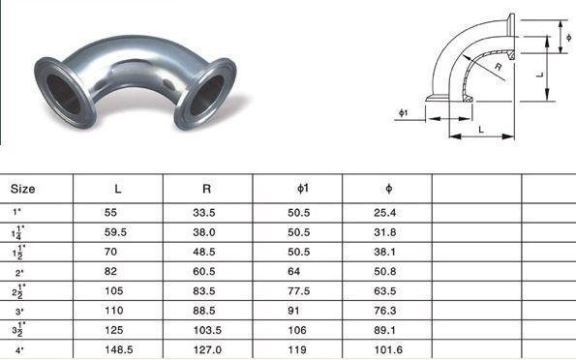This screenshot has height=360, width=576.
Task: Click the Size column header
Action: [23, 189]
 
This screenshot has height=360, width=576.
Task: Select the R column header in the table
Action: [206, 189]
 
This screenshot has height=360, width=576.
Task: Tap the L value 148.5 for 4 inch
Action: [119, 349]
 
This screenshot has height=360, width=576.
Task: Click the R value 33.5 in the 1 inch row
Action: [204, 213]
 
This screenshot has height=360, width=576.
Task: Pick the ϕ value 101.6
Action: [388, 349]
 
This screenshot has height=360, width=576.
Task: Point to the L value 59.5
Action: [115, 232]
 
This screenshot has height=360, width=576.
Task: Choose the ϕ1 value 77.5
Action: [299, 291]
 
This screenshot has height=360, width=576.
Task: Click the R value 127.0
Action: [207, 349]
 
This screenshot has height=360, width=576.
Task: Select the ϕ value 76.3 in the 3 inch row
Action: [385, 311]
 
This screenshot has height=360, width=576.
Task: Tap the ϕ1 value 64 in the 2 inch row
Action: [294, 272]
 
